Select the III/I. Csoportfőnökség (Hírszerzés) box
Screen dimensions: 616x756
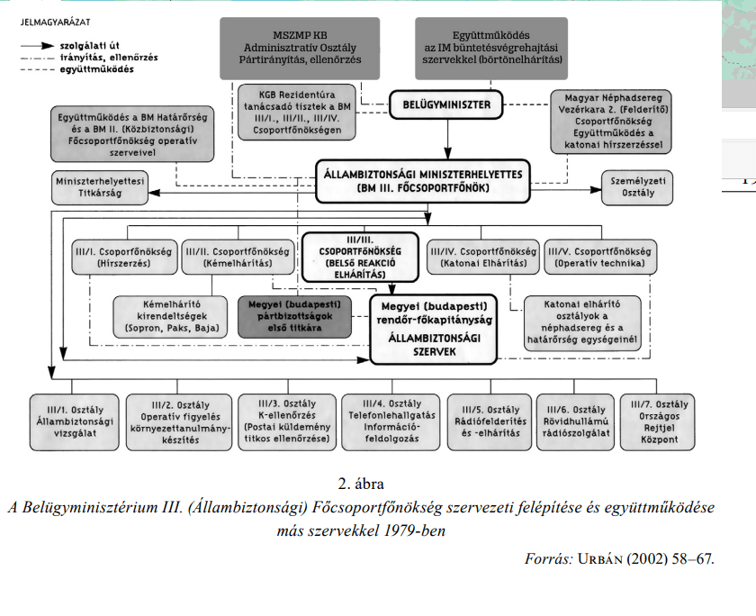pos(122,257)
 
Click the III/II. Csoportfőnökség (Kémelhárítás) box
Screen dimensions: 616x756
pos(237,257)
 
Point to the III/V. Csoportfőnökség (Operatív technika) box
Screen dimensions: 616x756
pos(602,257)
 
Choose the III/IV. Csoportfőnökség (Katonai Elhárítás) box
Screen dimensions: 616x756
pos(483,257)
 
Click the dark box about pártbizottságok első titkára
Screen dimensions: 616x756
pos(292,316)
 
